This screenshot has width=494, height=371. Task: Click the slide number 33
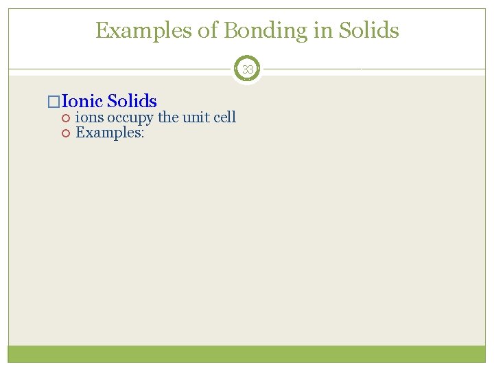pos(247,69)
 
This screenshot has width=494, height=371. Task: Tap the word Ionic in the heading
pos(82,102)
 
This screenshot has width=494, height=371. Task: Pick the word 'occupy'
pos(130,118)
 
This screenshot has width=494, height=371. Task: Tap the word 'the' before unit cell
pos(168,117)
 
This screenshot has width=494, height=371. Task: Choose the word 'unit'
pos(195,117)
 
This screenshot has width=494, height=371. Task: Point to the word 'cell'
pos(224,117)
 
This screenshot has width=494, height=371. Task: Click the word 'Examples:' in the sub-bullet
pos(110,133)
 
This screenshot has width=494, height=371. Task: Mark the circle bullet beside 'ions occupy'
pos(66,118)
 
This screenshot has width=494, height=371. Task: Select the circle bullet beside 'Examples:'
pos(66,133)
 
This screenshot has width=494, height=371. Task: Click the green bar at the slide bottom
pos(247,354)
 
